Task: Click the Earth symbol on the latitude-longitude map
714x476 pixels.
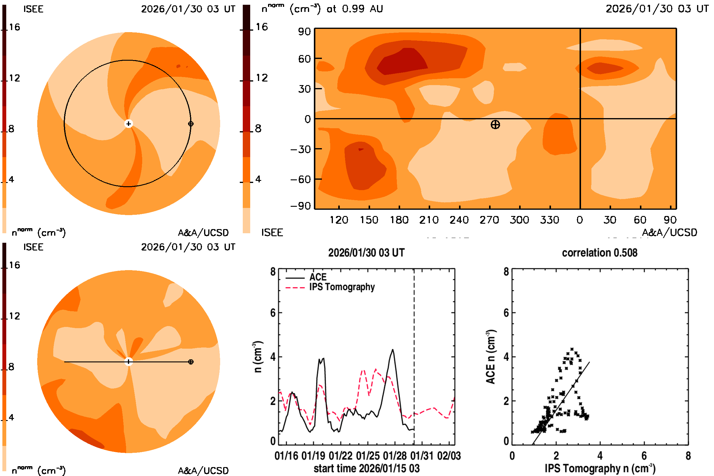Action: point(495,124)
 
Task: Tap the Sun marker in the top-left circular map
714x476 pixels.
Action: point(129,123)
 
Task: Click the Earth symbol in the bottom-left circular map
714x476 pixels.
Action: point(191,361)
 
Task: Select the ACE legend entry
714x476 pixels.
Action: point(317,277)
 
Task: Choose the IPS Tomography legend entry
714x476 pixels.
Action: point(342,287)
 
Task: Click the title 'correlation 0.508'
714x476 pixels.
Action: point(599,253)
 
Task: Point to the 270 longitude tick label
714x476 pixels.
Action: point(489,220)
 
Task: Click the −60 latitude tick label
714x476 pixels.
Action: point(300,179)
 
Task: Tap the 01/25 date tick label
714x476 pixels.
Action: point(367,456)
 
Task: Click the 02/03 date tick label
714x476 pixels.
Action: point(449,456)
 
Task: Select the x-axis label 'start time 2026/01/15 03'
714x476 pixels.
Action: point(367,468)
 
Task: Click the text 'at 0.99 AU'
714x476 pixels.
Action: point(355,9)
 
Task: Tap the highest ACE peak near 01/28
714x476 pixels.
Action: point(393,350)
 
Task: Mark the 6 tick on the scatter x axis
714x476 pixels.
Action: point(644,456)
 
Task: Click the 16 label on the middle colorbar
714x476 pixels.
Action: point(262,27)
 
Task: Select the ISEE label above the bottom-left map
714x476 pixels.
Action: point(33,247)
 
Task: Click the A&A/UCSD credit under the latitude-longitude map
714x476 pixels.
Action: point(669,233)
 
